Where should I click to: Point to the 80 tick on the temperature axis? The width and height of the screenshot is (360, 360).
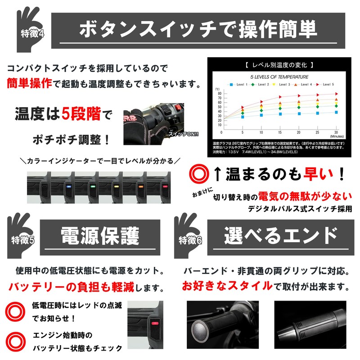coord(219,93)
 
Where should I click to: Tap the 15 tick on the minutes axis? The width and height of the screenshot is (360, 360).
coord(280,133)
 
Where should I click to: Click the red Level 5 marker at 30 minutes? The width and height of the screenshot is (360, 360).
coord(336,94)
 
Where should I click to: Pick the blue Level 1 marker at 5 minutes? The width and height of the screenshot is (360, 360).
coord(243,117)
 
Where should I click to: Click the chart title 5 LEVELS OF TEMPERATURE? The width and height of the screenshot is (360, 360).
coord(279,76)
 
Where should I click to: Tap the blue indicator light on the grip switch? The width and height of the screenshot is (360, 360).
coord(67,185)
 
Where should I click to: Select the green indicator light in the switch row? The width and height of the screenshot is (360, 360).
coord(91,185)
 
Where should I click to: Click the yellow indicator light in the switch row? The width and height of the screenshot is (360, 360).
coord(115,185)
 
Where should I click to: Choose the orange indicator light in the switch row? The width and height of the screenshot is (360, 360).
coord(139,185)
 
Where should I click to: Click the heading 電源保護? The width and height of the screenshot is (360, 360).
coord(100,235)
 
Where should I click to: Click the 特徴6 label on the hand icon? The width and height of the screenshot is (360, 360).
coord(190,239)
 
